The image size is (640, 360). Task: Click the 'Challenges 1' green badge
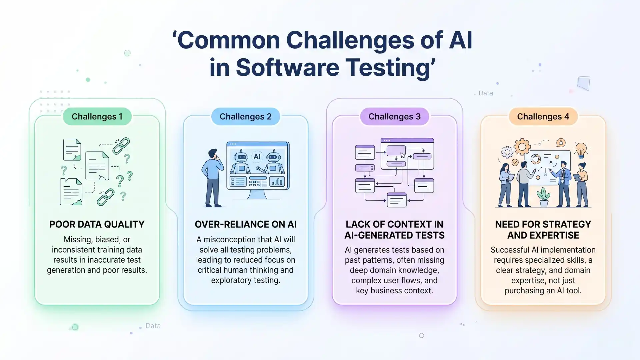pyautogui.click(x=97, y=117)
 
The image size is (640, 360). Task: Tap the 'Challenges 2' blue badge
pyautogui.click(x=246, y=117)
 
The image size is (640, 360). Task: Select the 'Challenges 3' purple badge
pyautogui.click(x=394, y=117)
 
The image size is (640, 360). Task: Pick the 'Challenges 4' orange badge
pyautogui.click(x=543, y=117)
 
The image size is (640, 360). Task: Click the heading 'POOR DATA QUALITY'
pyautogui.click(x=97, y=224)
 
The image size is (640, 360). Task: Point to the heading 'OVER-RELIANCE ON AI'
pyautogui.click(x=246, y=224)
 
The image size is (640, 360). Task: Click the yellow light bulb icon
pyautogui.click(x=581, y=150)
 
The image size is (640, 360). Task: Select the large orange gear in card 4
pyautogui.click(x=522, y=147)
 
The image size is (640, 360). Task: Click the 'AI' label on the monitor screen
pyautogui.click(x=257, y=157)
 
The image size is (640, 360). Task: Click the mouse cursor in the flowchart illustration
pyautogui.click(x=403, y=155)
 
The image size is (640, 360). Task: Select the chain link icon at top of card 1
pyautogui.click(x=121, y=146)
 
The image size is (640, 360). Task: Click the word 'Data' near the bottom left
pyautogui.click(x=153, y=326)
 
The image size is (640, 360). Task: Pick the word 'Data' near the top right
pyautogui.click(x=486, y=93)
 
